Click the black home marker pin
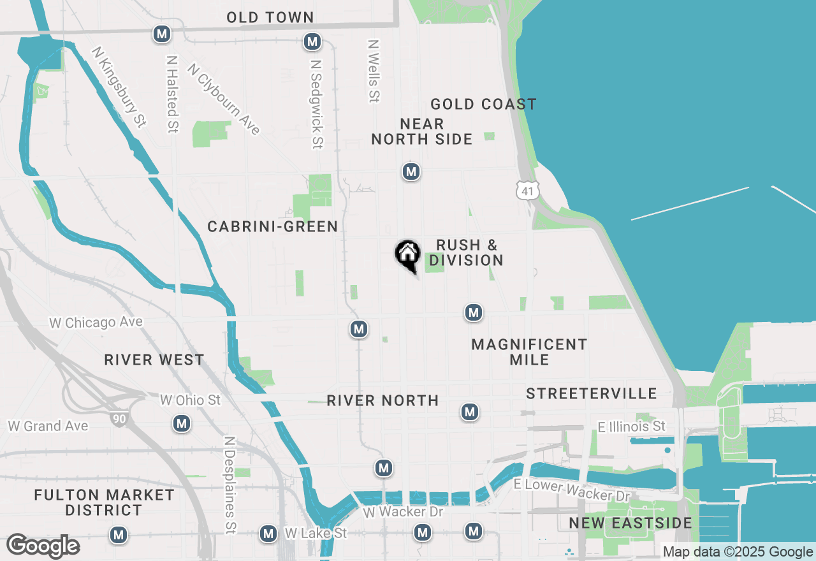pyautogui.click(x=407, y=255)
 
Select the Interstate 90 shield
pyautogui.click(x=118, y=419)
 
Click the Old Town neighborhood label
pyautogui.click(x=270, y=17)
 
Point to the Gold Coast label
pyautogui.click(x=483, y=104)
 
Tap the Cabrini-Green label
pyautogui.click(x=272, y=226)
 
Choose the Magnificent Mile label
pyautogui.click(x=529, y=352)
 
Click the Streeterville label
pyautogui.click(x=591, y=393)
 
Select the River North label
pyautogui.click(x=382, y=400)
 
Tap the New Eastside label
pyautogui.click(x=630, y=523)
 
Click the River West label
pyautogui.click(x=154, y=360)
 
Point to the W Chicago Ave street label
pyautogui.click(x=96, y=323)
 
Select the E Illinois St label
pyautogui.click(x=631, y=426)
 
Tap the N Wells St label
pyautogui.click(x=374, y=71)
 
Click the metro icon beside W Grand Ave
pyautogui.click(x=182, y=423)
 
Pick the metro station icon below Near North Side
pyautogui.click(x=411, y=171)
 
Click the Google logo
pyautogui.click(x=43, y=546)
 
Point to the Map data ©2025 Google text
pyautogui.click(x=738, y=552)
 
